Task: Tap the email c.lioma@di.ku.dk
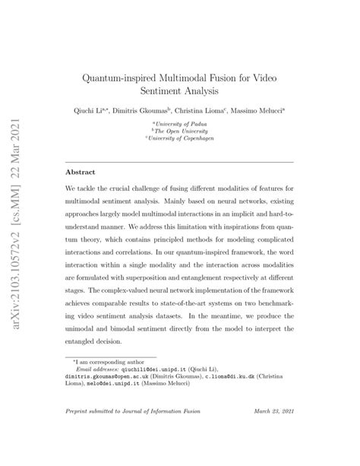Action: click(238, 377)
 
